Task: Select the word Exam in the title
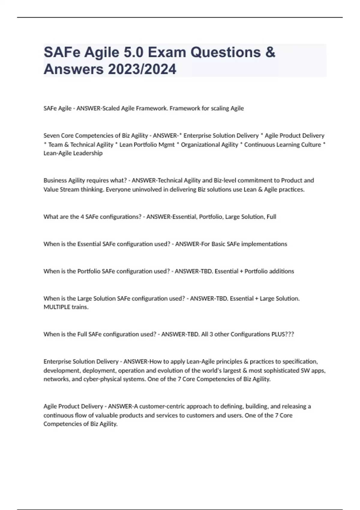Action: tap(167, 52)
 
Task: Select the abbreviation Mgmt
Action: tap(167, 145)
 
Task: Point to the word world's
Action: tap(203, 371)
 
